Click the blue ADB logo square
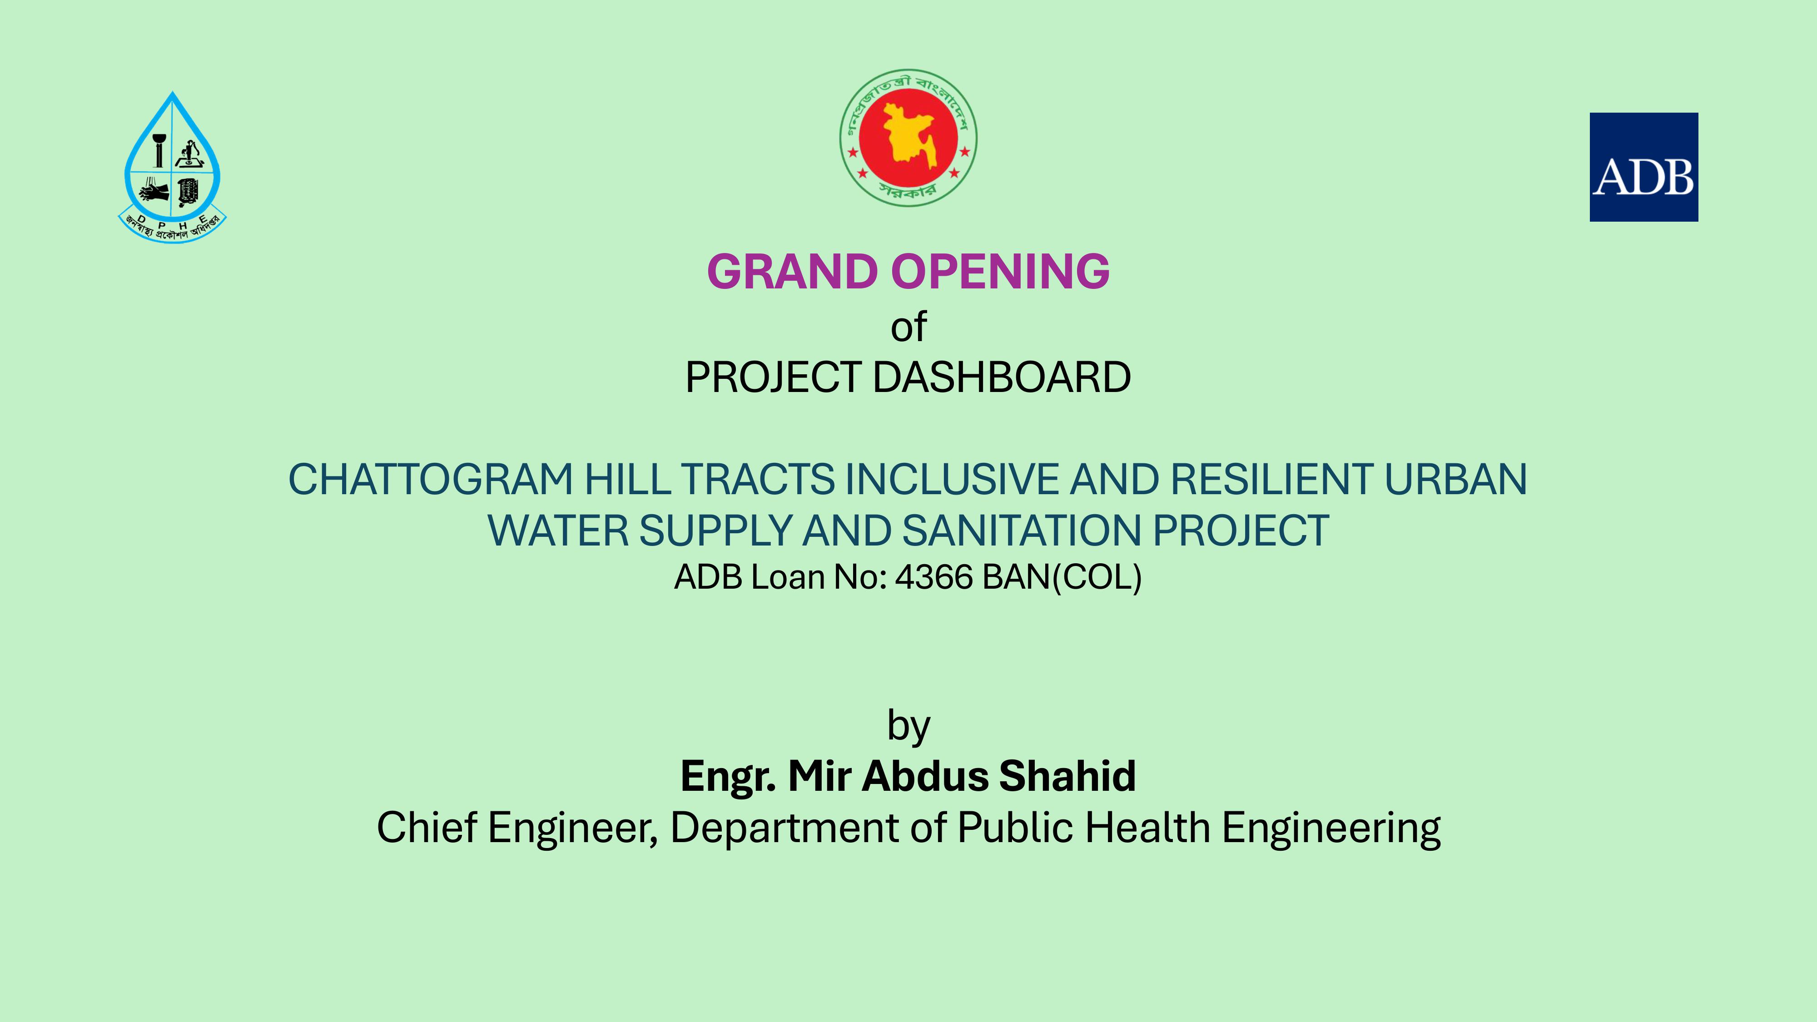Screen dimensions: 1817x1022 point(1643,167)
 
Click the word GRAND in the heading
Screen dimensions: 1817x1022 point(793,272)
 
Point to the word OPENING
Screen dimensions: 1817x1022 point(1000,272)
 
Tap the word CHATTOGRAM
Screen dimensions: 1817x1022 point(430,480)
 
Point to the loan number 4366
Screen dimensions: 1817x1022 point(934,577)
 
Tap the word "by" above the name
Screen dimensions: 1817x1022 point(908,726)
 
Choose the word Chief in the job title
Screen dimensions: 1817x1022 point(427,827)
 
